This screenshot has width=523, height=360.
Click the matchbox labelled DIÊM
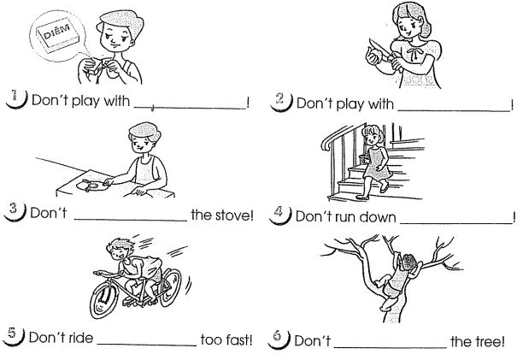pyautogui.click(x=58, y=35)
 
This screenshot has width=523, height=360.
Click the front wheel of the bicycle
pyautogui.click(x=103, y=299)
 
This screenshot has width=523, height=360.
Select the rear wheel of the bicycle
pyautogui.click(x=170, y=287)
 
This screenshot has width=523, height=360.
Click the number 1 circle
pyautogui.click(x=15, y=98)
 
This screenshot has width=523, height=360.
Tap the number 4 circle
pyautogui.click(x=279, y=215)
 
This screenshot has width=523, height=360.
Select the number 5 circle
pyautogui.click(x=14, y=335)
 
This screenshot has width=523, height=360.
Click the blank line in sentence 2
pyautogui.click(x=454, y=110)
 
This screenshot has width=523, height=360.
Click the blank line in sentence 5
pyautogui.click(x=147, y=345)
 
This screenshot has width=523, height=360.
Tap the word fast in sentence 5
pyautogui.click(x=238, y=339)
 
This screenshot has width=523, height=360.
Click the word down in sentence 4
pyautogui.click(x=379, y=217)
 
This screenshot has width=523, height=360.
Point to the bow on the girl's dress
pyautogui.click(x=414, y=53)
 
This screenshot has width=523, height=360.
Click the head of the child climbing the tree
pyautogui.click(x=408, y=262)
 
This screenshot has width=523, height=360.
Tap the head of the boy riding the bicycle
pyautogui.click(x=118, y=249)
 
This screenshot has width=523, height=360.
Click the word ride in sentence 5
pyautogui.click(x=80, y=337)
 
